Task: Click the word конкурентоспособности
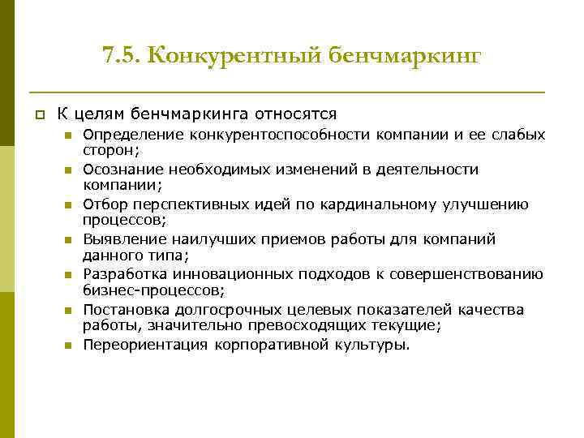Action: point(281,135)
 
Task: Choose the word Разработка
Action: point(127,274)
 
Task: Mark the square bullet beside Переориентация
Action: point(70,346)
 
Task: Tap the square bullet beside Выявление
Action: point(70,240)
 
